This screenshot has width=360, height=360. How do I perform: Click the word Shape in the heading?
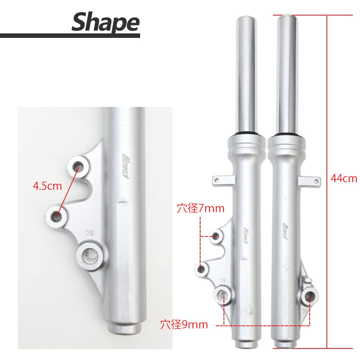coord(105,22)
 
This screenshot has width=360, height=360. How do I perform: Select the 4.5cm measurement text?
coord(47,186)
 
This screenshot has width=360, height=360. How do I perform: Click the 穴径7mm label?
coord(200,208)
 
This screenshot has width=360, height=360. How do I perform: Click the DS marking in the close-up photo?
coord(89,233)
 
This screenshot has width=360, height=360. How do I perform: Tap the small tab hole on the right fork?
coord(316,181)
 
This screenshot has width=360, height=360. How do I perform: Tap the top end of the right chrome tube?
coord(287,17)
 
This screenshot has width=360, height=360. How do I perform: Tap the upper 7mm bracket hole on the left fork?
coord(216,237)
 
